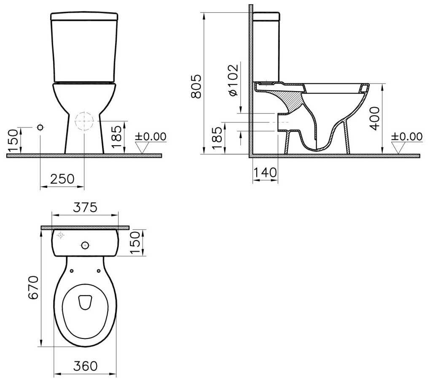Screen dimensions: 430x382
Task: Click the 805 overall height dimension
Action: (196, 86)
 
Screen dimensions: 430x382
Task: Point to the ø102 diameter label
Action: (233, 81)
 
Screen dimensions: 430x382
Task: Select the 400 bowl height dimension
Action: (375, 118)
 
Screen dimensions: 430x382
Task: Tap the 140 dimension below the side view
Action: (265, 172)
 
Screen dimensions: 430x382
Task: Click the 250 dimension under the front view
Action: (62, 179)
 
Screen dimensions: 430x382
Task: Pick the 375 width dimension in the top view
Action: (85, 207)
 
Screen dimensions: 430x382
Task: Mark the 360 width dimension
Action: (85, 366)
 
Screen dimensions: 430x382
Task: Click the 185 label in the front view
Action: (116, 136)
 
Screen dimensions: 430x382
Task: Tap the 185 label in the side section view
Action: (217, 138)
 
